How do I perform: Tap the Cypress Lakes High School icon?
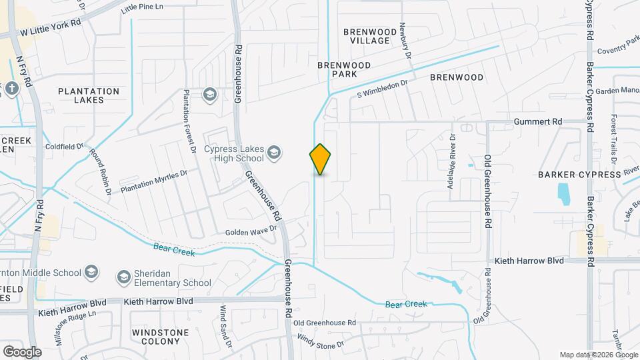273,154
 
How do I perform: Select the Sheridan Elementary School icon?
123,276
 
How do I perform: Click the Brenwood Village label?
366,36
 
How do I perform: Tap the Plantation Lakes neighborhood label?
89,95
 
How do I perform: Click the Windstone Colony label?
156,336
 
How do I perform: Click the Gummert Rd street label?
539,122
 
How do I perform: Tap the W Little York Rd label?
50,27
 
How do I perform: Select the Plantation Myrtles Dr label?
155,181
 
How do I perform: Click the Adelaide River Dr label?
451,160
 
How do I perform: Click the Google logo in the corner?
22,351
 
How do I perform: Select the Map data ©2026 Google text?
598,355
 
